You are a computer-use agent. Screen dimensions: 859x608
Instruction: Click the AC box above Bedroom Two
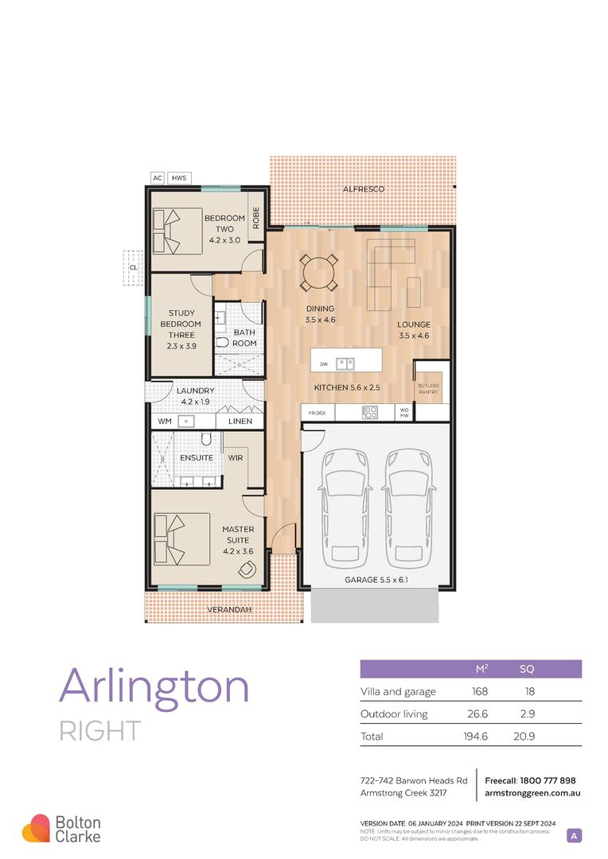click(157, 178)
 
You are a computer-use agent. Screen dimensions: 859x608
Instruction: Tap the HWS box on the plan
click(179, 178)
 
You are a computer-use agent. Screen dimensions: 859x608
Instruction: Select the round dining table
click(318, 273)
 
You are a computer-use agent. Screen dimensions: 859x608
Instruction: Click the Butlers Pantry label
click(428, 389)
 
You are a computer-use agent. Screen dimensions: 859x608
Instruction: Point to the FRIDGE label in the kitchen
click(317, 414)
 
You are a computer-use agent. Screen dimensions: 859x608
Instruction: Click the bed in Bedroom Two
click(171, 230)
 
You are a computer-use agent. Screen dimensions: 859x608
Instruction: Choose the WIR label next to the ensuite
click(236, 458)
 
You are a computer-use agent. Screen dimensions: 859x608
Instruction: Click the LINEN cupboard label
click(240, 421)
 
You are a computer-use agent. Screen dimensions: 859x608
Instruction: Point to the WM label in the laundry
click(165, 421)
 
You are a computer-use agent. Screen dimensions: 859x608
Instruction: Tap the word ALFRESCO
click(364, 189)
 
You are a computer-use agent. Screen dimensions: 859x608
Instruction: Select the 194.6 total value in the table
click(474, 737)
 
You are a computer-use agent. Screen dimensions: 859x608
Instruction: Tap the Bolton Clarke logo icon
click(36, 828)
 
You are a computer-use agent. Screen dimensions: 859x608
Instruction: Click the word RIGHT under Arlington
click(100, 730)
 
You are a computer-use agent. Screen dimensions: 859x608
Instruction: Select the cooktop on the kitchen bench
click(369, 412)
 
